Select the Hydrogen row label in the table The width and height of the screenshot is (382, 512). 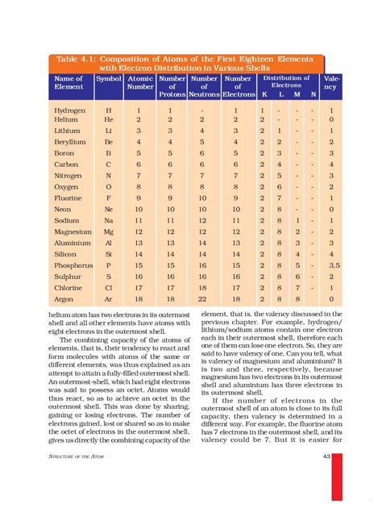[x=71, y=108]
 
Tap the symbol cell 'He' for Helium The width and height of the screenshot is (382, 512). [x=108, y=119]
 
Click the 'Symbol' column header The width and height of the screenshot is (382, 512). [x=109, y=78]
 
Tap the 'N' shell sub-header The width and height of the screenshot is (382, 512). [x=313, y=94]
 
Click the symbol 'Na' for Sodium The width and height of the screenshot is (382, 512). [x=108, y=219]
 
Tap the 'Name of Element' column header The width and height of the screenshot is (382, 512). [x=69, y=82]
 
